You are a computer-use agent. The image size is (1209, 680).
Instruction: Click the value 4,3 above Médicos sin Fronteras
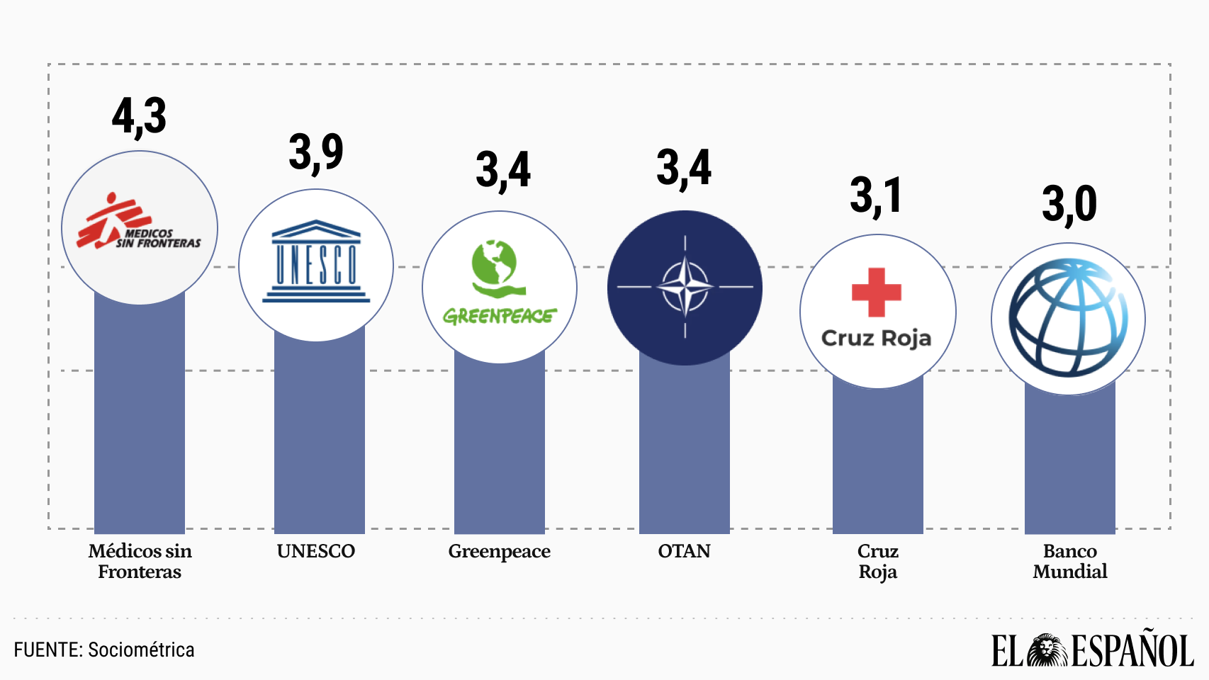[140, 116]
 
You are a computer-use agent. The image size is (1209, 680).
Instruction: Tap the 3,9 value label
[316, 152]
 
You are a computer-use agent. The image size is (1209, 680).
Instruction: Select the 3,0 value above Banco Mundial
[1069, 204]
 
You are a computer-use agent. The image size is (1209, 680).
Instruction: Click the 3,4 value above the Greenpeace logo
[503, 170]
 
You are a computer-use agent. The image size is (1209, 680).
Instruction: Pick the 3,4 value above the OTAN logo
[684, 169]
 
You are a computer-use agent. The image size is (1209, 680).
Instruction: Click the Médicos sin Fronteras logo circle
[140, 227]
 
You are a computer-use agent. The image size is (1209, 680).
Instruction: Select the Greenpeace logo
[500, 283]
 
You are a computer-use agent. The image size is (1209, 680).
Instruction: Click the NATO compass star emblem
[685, 287]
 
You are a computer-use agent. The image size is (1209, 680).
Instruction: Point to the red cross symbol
[877, 292]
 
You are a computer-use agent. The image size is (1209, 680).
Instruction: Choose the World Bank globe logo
[1068, 318]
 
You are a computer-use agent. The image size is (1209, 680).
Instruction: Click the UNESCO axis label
[316, 551]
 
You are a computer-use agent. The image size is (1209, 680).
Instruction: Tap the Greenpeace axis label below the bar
[500, 551]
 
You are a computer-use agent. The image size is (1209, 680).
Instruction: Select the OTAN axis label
[684, 551]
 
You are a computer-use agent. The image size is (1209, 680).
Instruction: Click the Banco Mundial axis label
[1070, 561]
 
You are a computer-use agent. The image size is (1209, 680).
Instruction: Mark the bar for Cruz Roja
[878, 460]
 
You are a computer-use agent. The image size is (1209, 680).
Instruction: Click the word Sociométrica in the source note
[141, 650]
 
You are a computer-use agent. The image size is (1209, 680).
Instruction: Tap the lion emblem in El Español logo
[1047, 650]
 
